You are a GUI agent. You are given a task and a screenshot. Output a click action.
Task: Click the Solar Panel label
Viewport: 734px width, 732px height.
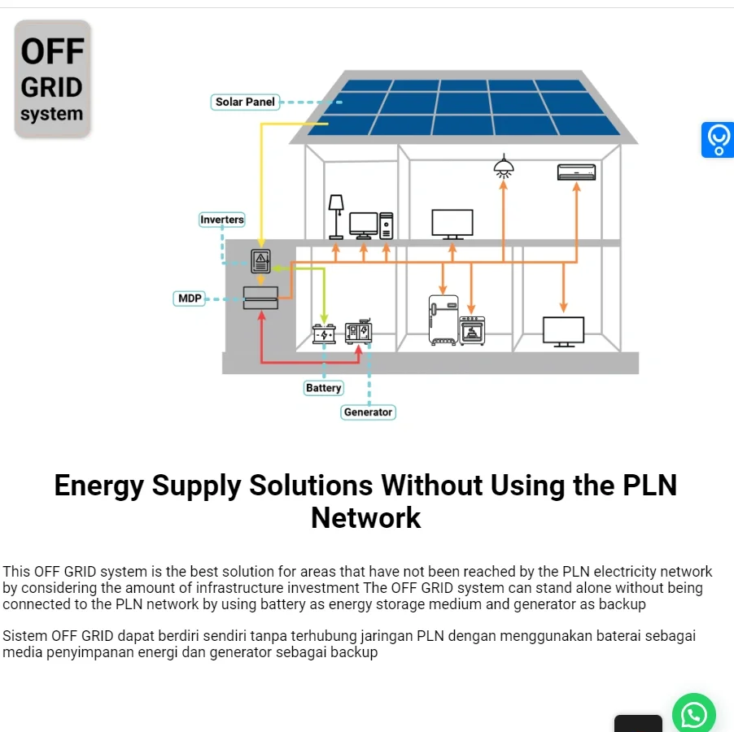point(245,102)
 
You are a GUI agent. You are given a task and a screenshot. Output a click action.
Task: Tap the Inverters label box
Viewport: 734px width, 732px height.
point(222,220)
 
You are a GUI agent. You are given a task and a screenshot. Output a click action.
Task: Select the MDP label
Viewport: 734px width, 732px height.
point(189,298)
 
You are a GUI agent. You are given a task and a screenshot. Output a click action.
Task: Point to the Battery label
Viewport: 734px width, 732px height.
point(323,388)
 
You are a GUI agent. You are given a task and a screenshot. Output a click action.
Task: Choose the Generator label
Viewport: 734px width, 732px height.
point(368,412)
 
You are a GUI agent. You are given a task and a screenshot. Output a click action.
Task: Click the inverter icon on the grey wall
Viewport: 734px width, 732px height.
point(260,261)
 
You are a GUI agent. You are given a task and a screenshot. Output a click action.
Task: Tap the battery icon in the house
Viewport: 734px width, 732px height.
point(324,333)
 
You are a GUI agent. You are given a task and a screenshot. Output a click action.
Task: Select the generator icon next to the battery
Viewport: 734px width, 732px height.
point(358,332)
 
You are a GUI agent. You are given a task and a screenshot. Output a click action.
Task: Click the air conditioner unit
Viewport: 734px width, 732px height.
point(576,172)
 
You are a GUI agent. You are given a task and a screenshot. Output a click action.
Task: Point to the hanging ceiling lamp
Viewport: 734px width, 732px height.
point(504,168)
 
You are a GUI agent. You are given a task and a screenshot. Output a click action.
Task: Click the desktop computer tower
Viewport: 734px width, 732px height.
point(386,225)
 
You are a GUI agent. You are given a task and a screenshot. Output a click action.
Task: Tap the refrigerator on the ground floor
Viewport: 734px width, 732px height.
point(443,320)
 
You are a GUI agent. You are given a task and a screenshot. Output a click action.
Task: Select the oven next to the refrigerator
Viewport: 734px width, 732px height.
point(472,330)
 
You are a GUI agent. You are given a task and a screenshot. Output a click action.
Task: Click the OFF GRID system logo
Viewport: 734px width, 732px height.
point(52,79)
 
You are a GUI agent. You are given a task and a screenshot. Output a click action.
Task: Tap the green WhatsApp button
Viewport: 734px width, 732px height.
point(693,715)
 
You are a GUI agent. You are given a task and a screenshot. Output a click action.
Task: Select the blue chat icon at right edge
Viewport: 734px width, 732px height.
point(718,139)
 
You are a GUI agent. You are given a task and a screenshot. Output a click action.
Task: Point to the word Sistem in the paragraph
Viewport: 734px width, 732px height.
point(24,636)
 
